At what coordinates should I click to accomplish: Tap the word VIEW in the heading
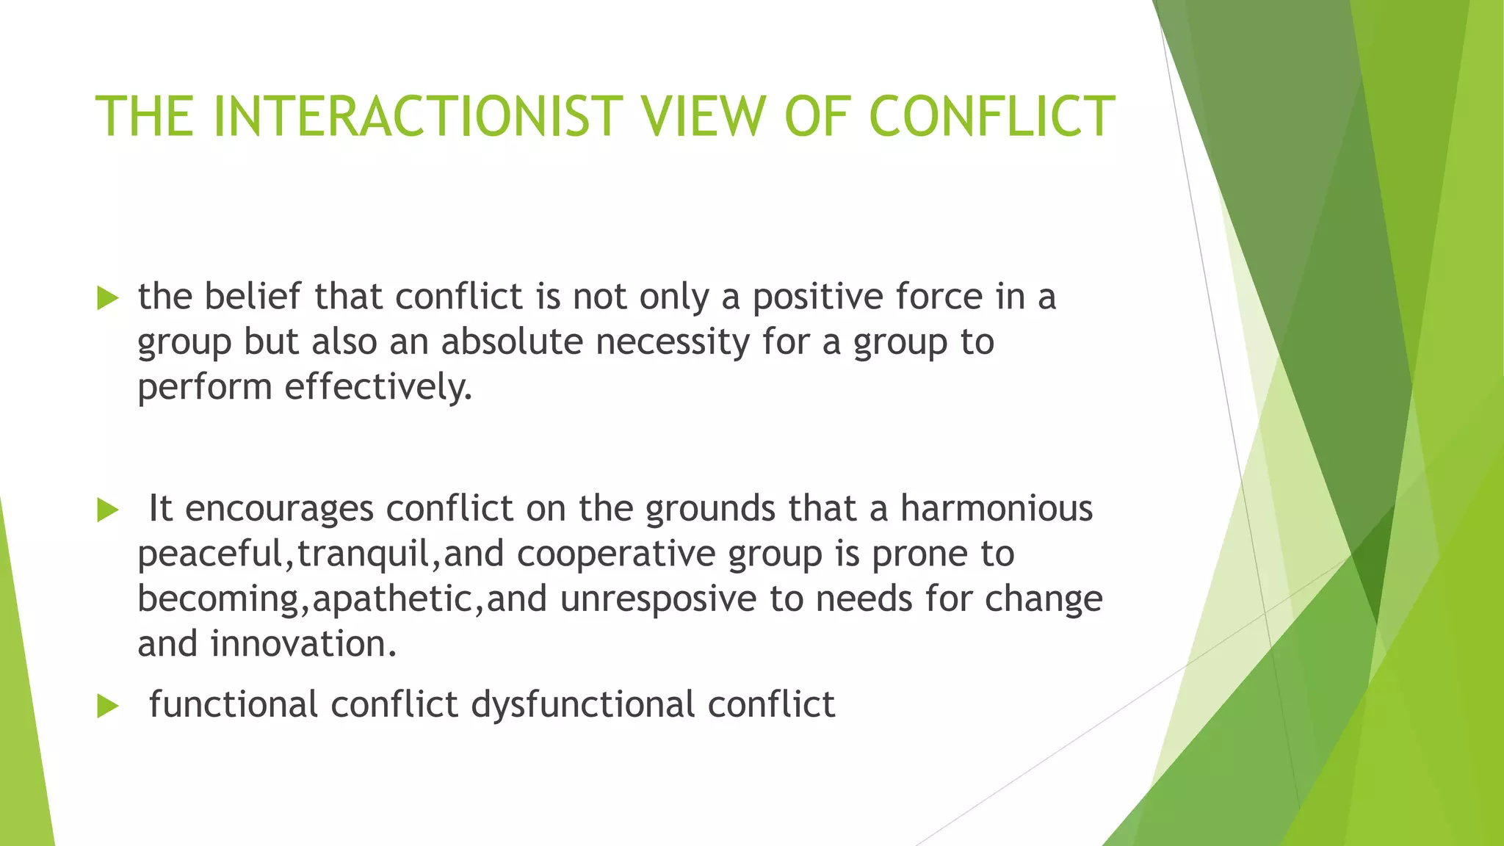coord(704,117)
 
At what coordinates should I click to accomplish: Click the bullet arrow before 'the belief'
coord(107,298)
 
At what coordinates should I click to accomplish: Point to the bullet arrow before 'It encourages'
coord(107,510)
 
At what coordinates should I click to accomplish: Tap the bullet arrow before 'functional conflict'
coord(107,706)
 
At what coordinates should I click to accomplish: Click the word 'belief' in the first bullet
coord(252,297)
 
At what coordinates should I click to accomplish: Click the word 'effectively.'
coord(378,387)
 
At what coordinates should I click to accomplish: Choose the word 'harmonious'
coord(997,508)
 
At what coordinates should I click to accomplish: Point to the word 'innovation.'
coord(303,644)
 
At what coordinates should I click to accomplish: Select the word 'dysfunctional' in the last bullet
coord(582,705)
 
